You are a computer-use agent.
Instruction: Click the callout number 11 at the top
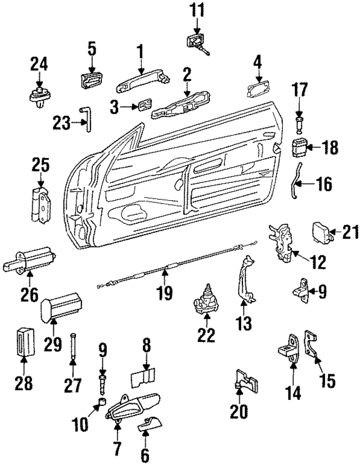(196, 10)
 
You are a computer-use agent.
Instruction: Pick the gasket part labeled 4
(258, 89)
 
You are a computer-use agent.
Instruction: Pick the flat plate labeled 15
(311, 345)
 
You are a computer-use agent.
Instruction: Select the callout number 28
(24, 385)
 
